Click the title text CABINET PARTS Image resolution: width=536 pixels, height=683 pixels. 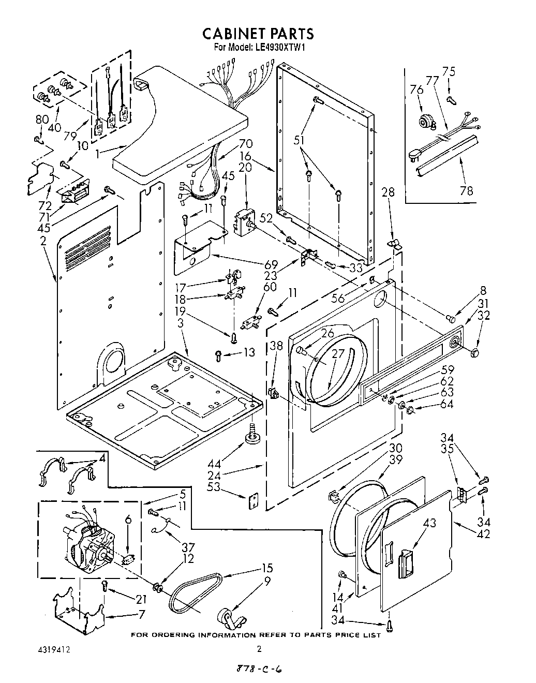point(257,34)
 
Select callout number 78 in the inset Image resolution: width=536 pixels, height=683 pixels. point(466,191)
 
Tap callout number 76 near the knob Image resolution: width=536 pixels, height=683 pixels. point(416,90)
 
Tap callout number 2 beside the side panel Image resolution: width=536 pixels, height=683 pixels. point(43,241)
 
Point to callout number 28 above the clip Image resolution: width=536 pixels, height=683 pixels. point(388,192)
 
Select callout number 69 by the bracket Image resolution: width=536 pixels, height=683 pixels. point(271,264)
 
